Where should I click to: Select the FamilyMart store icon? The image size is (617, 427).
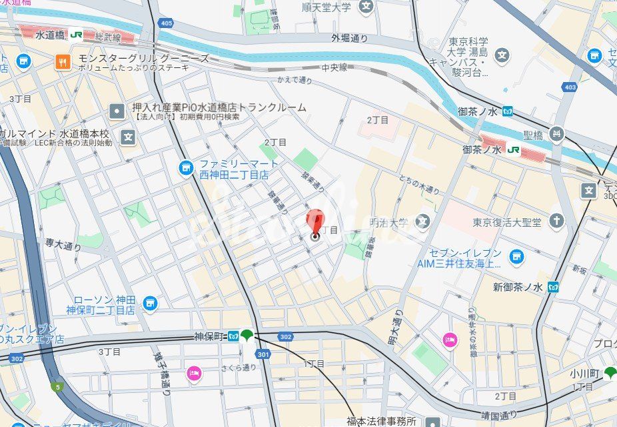pos(187,168)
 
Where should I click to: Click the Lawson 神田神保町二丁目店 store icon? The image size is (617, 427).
pos(150,304)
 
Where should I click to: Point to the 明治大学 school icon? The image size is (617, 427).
pos(422,220)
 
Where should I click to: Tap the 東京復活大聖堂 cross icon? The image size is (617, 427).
pos(556,221)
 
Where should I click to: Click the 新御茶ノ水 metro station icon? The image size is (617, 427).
pos(552,287)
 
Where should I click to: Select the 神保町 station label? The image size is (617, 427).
pos(209,335)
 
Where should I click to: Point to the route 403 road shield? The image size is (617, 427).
pos(568,86)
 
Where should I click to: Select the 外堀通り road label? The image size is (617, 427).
pos(349,38)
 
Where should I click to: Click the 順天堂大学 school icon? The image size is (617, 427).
pos(366,7)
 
